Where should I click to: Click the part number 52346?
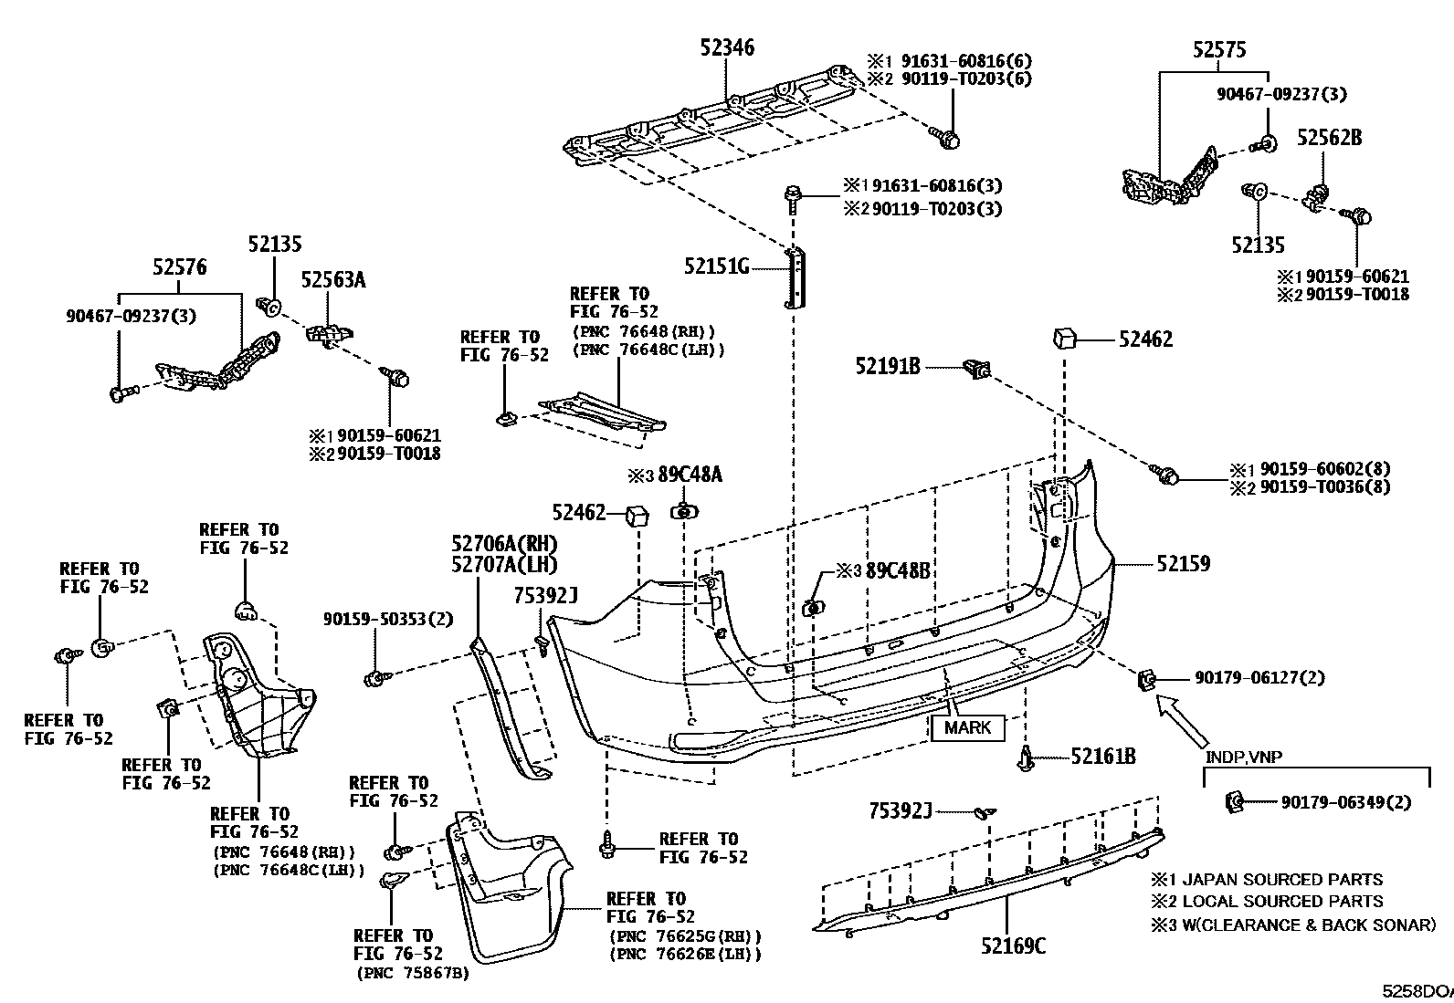[727, 47]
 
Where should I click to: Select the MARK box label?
[967, 727]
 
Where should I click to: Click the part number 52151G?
[717, 266]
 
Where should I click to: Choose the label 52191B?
[887, 366]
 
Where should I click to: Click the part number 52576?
[179, 267]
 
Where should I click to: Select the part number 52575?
[1218, 50]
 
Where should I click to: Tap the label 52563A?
[333, 280]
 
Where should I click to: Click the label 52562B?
[1330, 138]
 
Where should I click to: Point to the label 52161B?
[1103, 757]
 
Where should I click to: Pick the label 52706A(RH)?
[504, 545]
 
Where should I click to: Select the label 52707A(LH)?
[504, 565]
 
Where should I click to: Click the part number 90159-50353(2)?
[387, 619]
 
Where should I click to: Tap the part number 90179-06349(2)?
[1345, 802]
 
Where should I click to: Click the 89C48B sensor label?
[898, 571]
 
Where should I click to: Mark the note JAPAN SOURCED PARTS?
[1279, 880]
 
